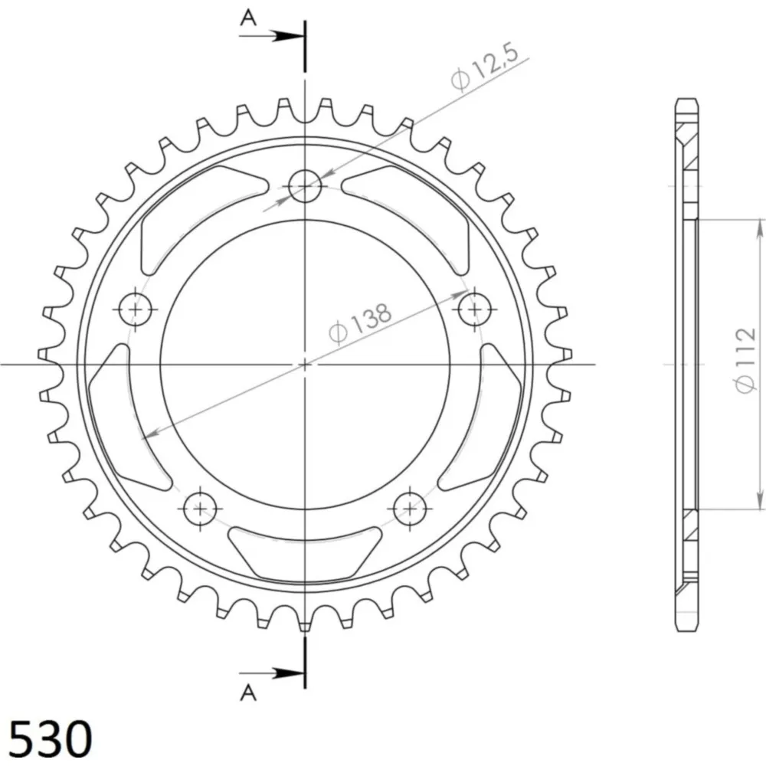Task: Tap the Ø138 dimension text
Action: pos(361,323)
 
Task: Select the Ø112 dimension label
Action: pos(745,360)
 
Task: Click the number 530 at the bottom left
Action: pos(51,738)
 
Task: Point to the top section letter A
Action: pos(248,18)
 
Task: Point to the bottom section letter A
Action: pos(248,692)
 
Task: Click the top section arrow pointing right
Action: pos(272,36)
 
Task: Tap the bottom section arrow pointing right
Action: pos(272,673)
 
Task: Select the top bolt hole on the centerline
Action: pos(305,185)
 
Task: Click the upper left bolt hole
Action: pos(136,309)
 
